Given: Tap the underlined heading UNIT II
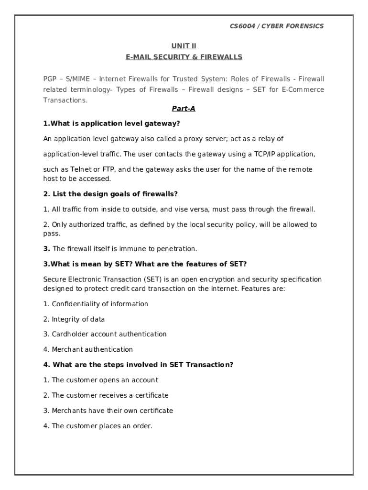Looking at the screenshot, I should (x=184, y=46).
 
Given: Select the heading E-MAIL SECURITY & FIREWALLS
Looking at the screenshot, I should (x=184, y=57).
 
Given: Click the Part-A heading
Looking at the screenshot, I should (x=184, y=109).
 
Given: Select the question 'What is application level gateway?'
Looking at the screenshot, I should (x=111, y=123).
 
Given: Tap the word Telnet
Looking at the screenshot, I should (x=81, y=169).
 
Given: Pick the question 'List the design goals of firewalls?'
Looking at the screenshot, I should (x=110, y=194).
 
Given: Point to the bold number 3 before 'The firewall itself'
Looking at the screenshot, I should (x=46, y=249).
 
